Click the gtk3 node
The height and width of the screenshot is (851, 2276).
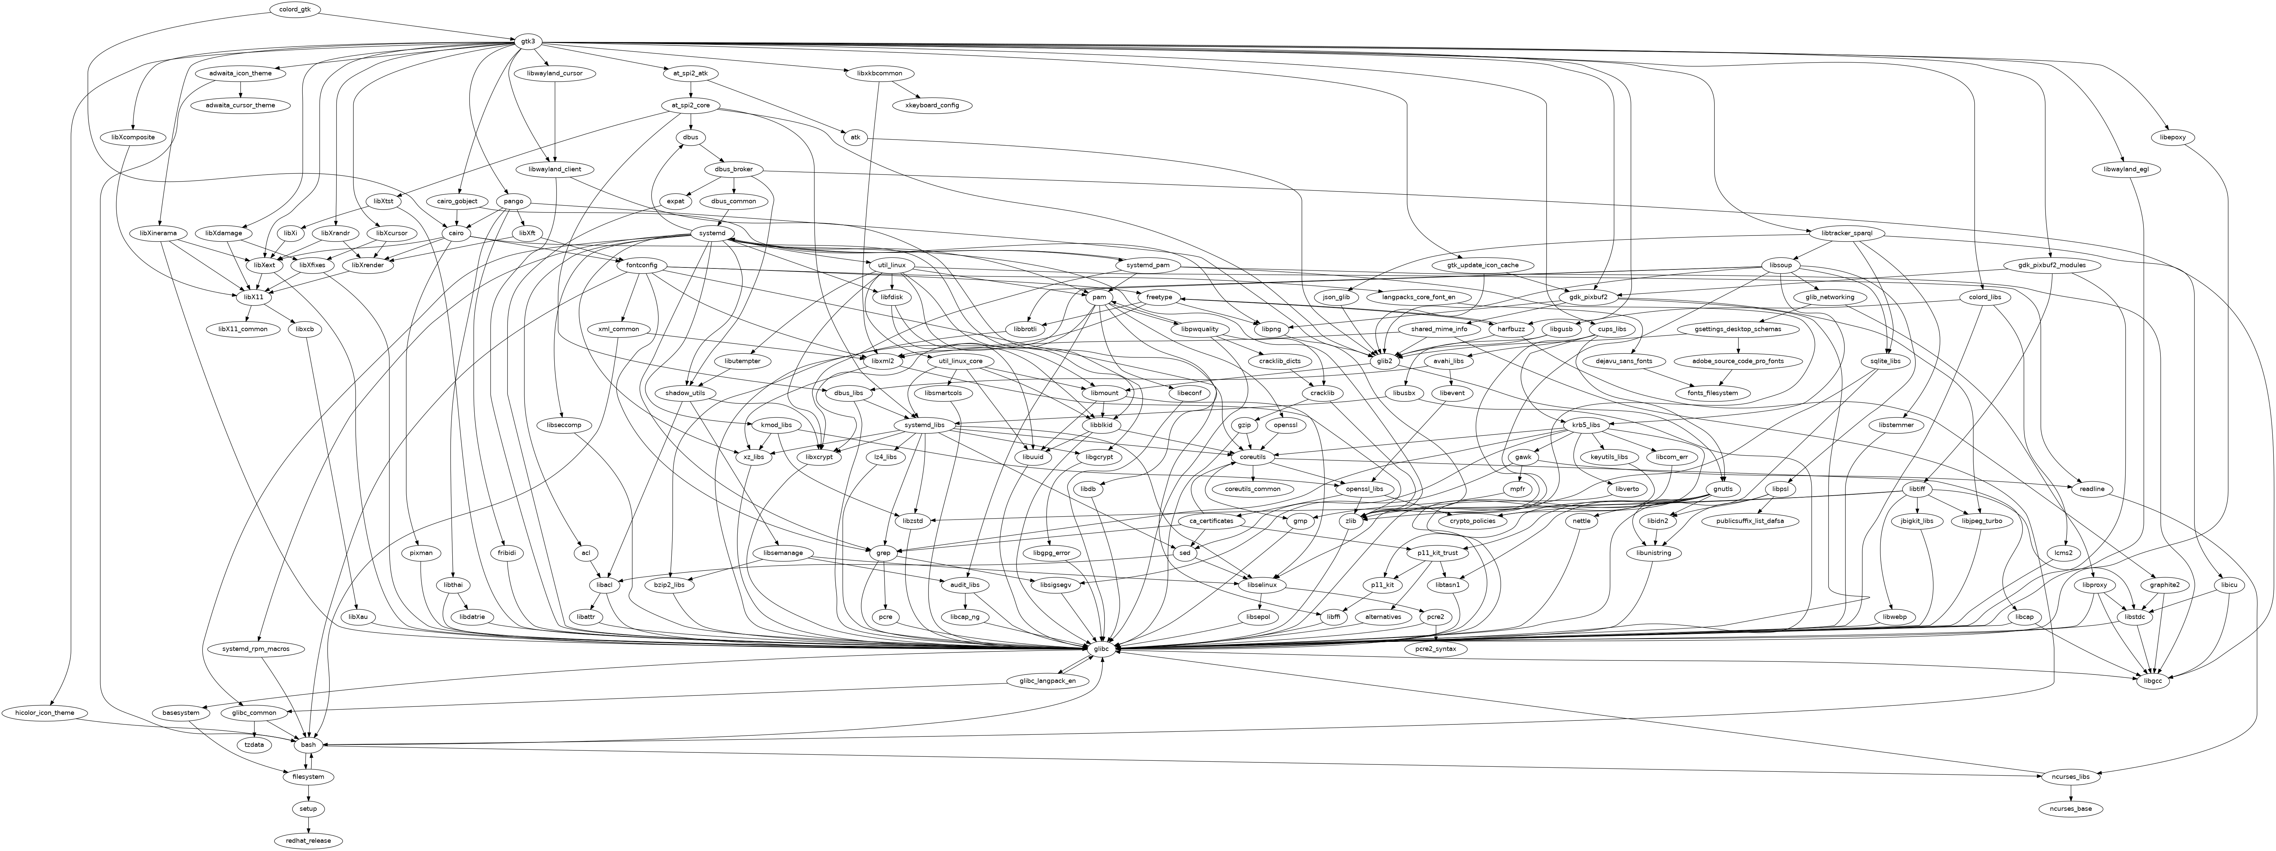tap(528, 42)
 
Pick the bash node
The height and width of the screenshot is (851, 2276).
tap(308, 745)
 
